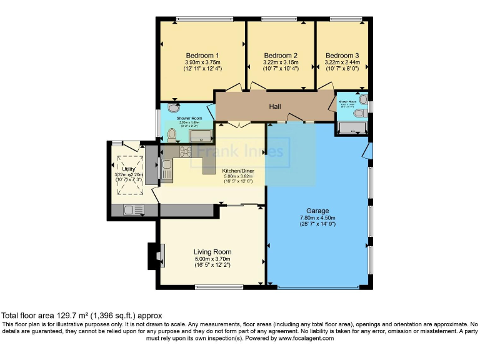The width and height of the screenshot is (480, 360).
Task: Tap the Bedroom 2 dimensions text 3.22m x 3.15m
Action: click(x=281, y=62)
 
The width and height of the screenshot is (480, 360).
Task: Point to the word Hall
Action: click(x=275, y=107)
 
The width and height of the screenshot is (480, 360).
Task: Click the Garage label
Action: click(x=317, y=211)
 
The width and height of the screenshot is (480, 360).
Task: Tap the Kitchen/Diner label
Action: click(x=237, y=171)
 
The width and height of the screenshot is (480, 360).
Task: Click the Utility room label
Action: click(x=129, y=169)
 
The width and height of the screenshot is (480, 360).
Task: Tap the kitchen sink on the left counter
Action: click(x=167, y=166)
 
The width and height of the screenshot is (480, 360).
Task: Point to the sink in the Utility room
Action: click(x=133, y=210)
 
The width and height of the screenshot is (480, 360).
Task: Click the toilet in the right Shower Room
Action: click(x=358, y=114)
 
